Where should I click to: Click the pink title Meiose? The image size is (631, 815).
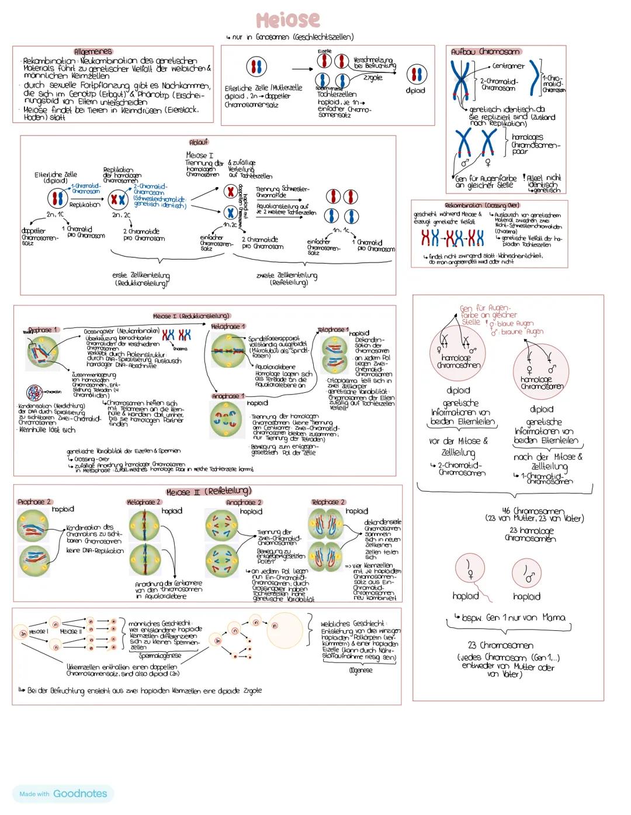coord(288,20)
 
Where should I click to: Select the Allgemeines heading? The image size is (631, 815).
coord(93,51)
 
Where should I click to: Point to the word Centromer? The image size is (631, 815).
coord(508,66)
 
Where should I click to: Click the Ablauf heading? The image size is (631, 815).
coord(199,142)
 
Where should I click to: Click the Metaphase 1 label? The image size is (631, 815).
coord(228,326)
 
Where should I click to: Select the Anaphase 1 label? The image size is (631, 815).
coord(228,396)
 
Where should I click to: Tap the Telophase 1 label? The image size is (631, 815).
coord(333,330)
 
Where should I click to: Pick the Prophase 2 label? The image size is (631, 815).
coord(34,502)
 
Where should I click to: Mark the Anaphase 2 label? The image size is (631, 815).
coord(244,502)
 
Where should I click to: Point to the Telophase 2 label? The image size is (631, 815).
coord(328,502)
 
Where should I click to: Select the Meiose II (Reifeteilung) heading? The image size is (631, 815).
coord(209,491)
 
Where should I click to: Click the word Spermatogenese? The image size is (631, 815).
coord(160,655)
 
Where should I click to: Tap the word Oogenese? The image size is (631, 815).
coord(360,671)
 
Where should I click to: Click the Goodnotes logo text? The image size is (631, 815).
coord(80,793)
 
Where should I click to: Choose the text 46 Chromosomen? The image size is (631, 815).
coord(533,510)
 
